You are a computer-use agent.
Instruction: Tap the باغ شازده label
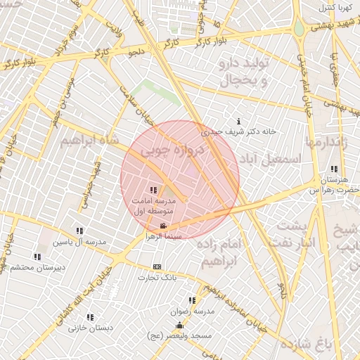point(307,345)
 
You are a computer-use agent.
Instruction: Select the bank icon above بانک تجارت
point(157,266)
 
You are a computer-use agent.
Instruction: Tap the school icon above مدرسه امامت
point(153,190)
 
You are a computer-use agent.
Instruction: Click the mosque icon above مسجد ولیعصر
point(179,325)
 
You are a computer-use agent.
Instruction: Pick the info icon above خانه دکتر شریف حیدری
point(239,121)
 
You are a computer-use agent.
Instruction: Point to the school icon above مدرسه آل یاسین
point(79,231)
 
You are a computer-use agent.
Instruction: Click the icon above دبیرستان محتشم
point(39,257)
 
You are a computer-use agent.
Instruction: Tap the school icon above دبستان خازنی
point(90,317)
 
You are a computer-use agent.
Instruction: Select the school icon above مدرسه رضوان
point(192,300)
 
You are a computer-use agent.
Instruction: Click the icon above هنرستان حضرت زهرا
point(333,169)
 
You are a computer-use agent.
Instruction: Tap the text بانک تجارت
point(157,278)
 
